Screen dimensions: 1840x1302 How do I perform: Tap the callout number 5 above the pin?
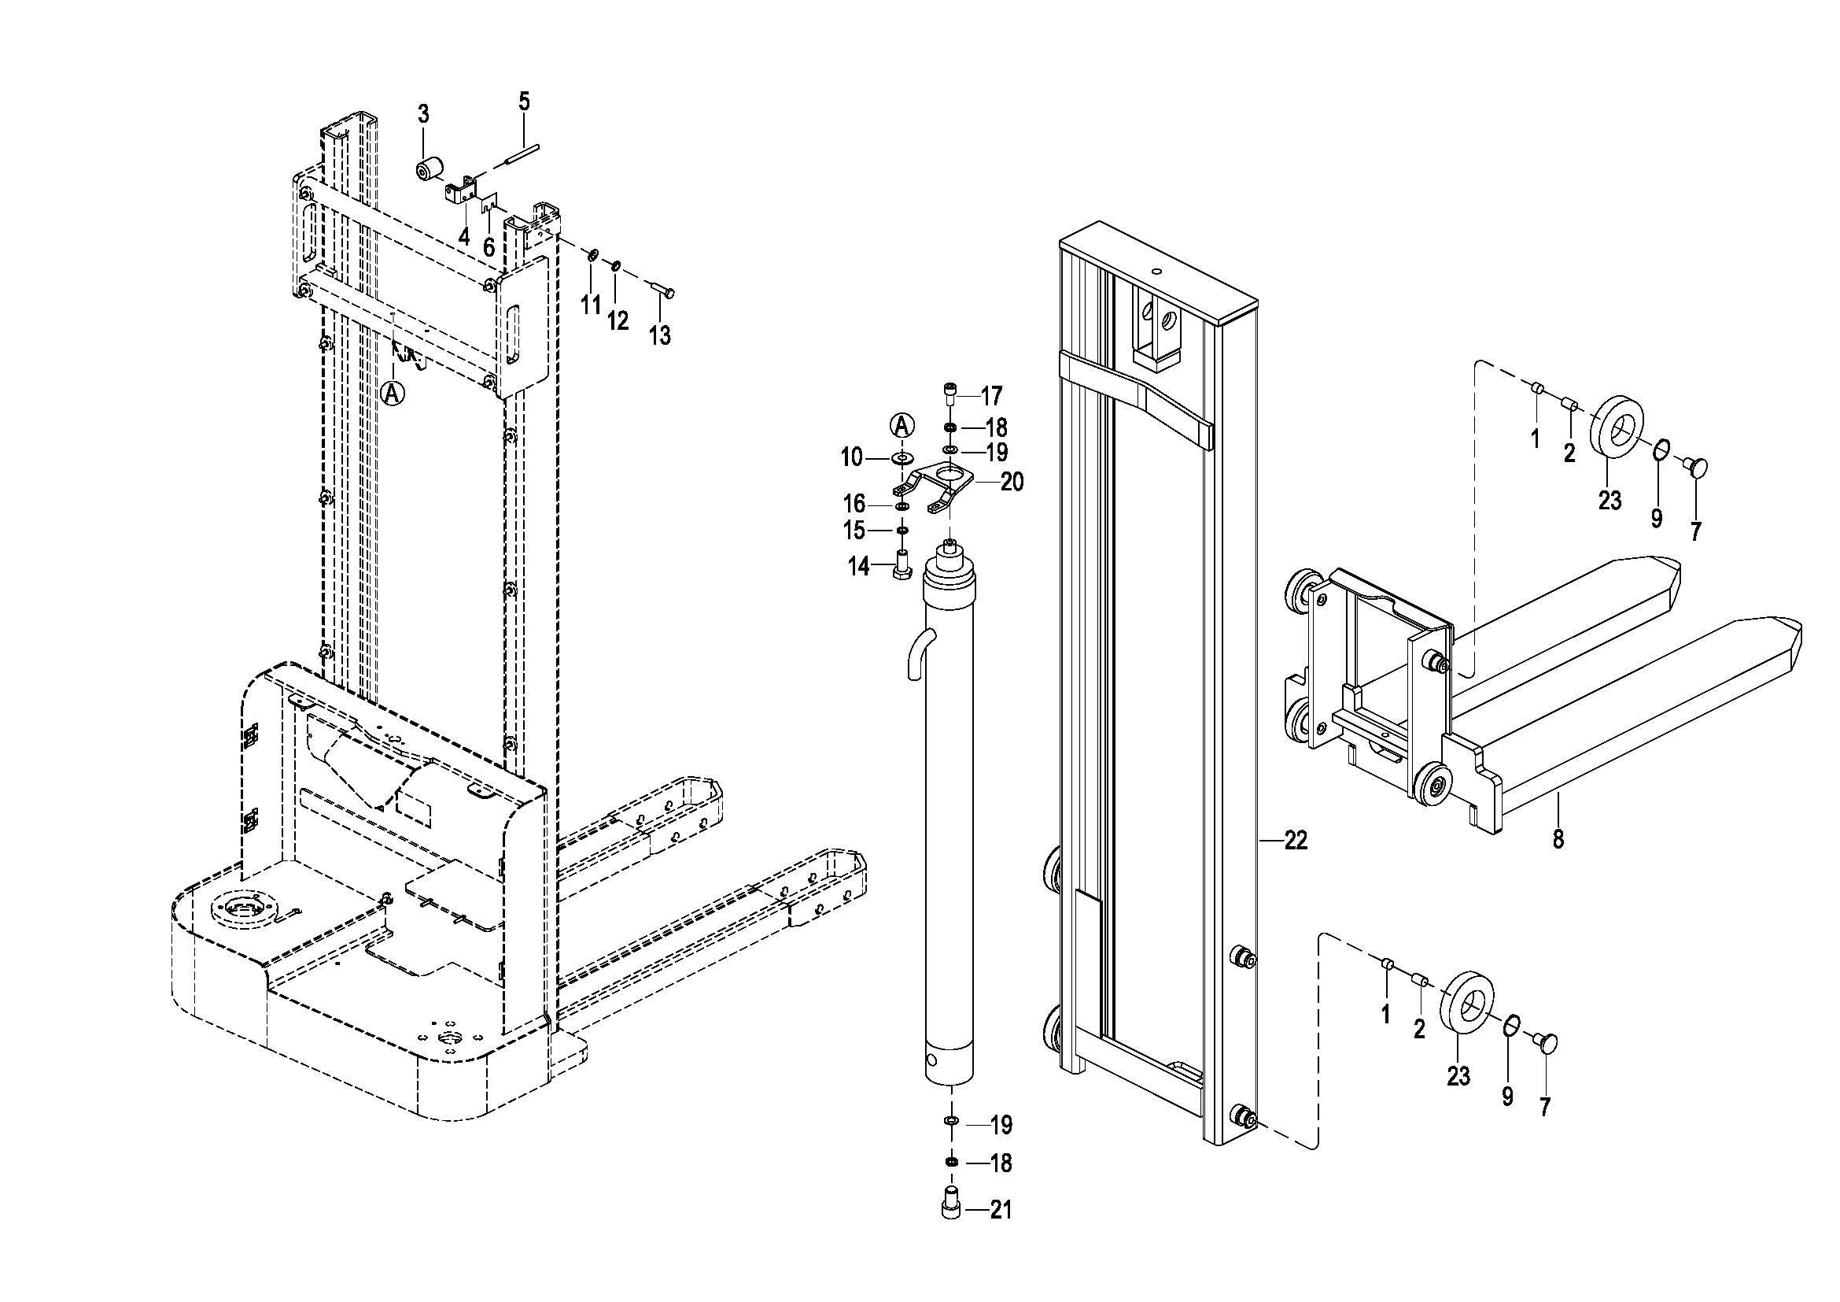524,102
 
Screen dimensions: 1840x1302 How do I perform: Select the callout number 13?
659,335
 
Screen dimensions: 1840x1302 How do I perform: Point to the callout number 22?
1296,840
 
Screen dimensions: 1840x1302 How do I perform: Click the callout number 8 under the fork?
1558,839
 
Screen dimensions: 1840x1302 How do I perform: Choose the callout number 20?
1012,483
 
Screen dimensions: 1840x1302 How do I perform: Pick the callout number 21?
1000,1210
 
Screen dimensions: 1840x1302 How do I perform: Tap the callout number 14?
858,567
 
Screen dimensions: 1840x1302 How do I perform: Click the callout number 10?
851,458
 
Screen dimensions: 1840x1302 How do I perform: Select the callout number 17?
991,395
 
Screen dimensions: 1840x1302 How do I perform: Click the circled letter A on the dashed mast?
392,393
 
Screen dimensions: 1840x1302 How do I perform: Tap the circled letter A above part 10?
902,425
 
